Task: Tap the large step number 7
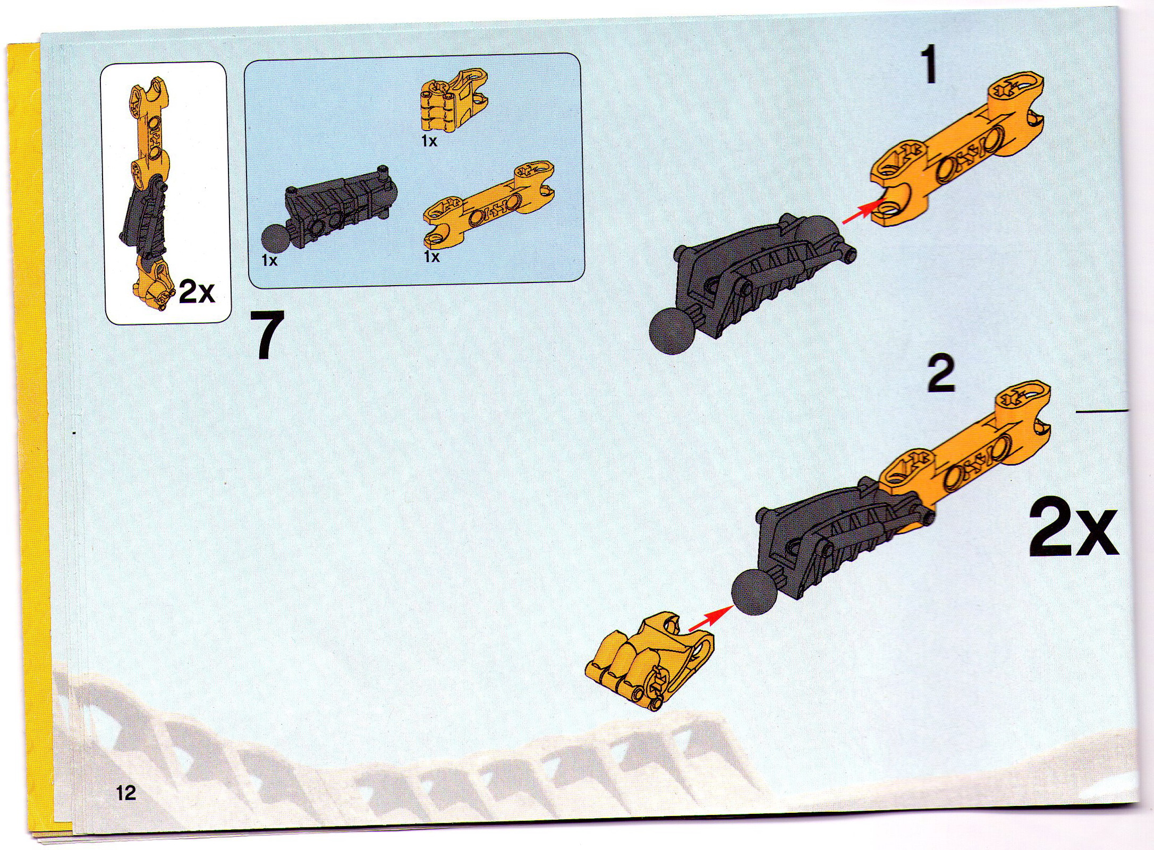tap(268, 335)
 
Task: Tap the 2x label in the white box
tap(197, 291)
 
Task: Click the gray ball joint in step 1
tap(672, 330)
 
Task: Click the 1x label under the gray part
tap(270, 261)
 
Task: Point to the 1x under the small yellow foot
tap(429, 141)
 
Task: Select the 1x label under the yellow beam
tap(432, 257)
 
